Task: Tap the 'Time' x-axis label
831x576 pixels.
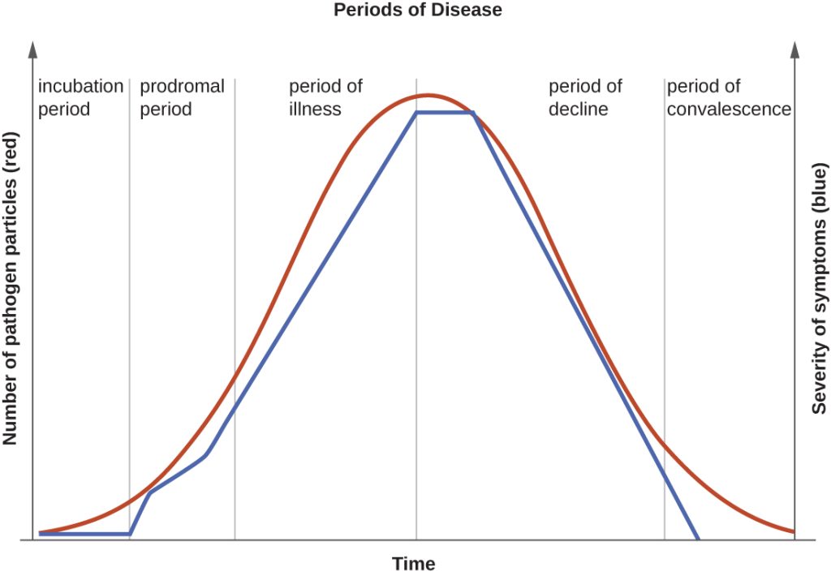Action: click(414, 564)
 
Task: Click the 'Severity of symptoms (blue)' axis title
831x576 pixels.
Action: click(820, 288)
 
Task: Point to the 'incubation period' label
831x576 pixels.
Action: click(80, 97)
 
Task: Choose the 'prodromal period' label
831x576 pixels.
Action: click(182, 97)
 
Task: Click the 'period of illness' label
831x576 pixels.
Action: click(325, 97)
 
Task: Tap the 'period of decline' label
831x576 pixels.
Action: click(585, 97)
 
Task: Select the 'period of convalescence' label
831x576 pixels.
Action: click(729, 97)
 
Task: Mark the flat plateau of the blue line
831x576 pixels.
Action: click(444, 113)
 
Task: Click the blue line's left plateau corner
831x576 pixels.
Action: click(416, 113)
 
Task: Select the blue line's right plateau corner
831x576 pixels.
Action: click(472, 113)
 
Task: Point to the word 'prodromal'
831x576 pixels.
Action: click(182, 87)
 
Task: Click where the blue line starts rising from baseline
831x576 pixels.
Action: click(130, 534)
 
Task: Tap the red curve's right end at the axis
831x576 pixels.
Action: click(793, 532)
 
